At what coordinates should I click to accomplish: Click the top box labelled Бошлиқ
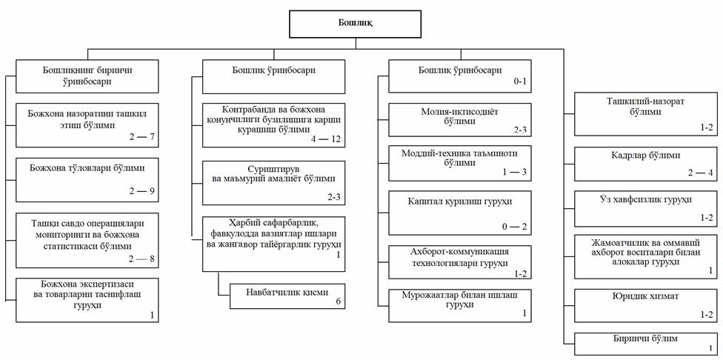pos(355,23)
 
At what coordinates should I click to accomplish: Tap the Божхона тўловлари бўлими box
pos(88,179)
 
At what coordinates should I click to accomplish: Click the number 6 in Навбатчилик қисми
pos(339,302)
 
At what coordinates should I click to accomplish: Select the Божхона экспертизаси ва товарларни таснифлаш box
pos(88,299)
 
